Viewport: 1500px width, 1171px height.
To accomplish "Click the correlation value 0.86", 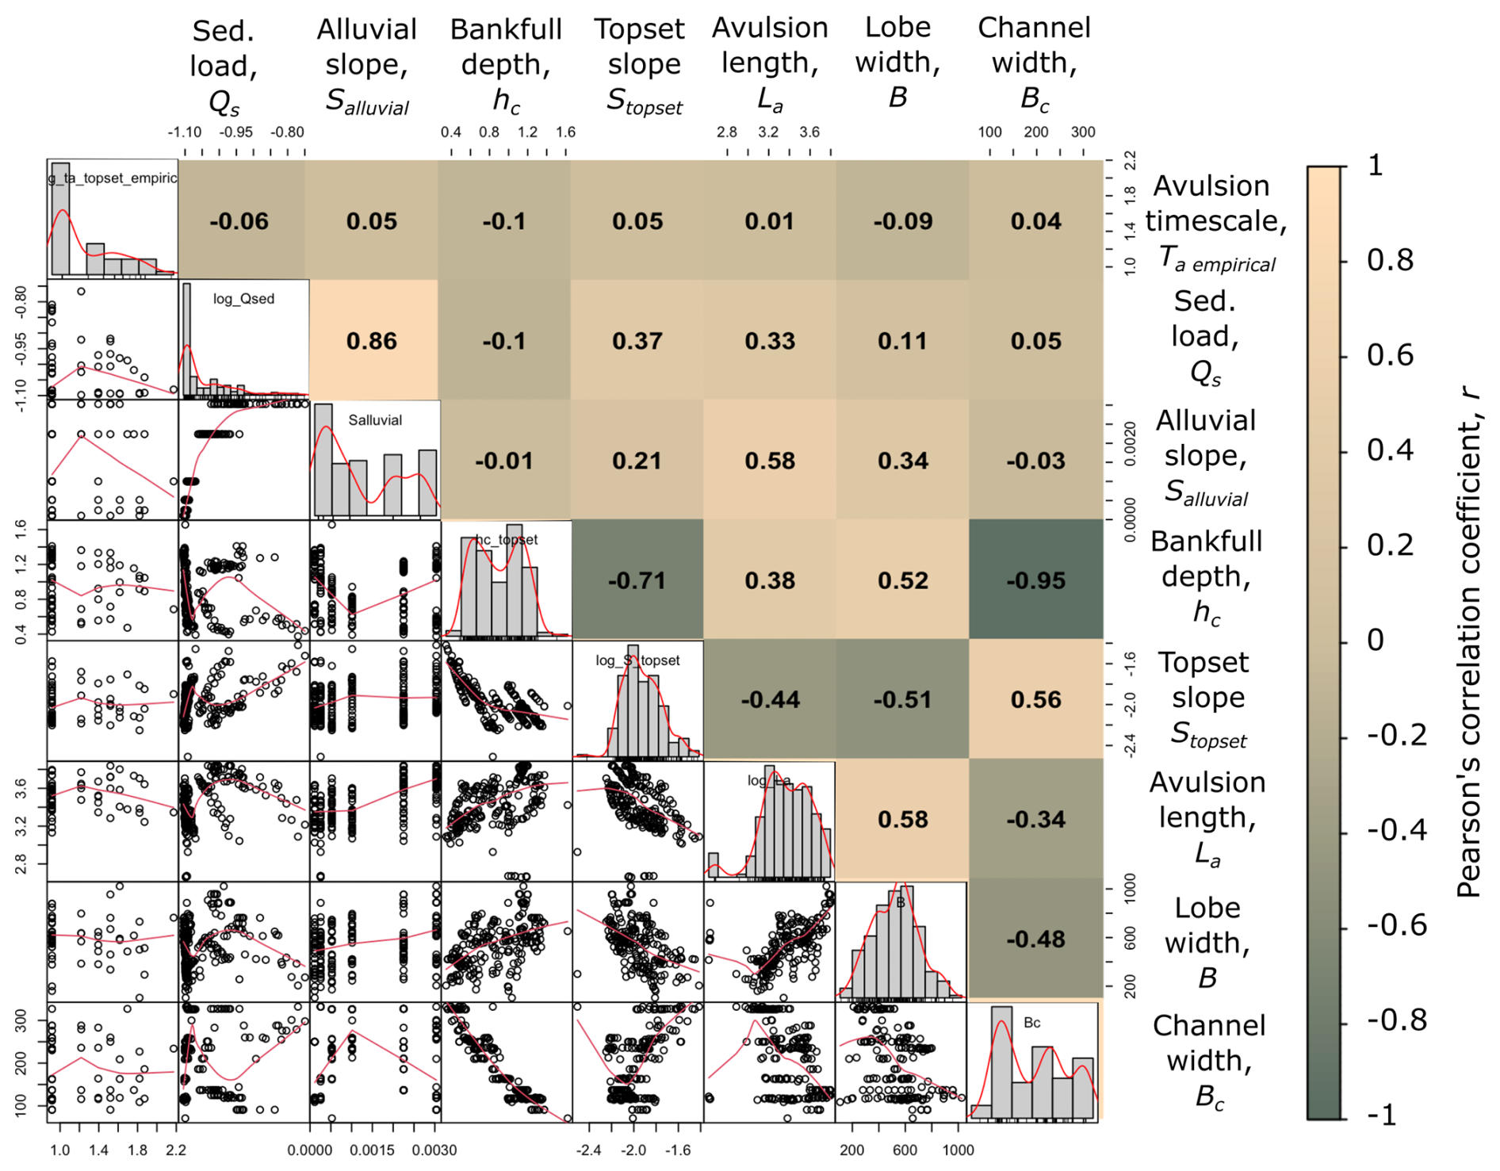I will pos(371,341).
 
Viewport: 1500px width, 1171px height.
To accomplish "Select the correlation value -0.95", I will pos(1035,580).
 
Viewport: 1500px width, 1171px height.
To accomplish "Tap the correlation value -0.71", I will pos(637,580).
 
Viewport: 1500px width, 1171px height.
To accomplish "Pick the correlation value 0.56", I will pos(1035,699).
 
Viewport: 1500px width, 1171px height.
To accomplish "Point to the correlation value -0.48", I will pos(1035,939).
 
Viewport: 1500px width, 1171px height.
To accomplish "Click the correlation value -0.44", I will pos(770,699).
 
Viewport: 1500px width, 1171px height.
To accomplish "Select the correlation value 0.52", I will pos(902,580).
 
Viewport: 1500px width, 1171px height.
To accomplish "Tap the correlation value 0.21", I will pos(637,461).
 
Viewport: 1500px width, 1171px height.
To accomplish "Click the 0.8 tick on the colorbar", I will pos(1390,260).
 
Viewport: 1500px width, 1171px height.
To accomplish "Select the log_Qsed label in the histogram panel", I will pos(243,299).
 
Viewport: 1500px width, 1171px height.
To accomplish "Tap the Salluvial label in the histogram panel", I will pos(375,420).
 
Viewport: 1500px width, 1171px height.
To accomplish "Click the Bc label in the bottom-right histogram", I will pos(1031,1023).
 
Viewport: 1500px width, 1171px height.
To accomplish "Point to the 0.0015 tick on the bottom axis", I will pos(371,1150).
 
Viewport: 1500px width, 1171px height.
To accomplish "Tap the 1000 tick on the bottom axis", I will pos(958,1150).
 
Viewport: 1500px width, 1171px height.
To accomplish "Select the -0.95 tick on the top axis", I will pos(236,132).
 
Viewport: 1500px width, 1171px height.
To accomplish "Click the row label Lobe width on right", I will pos(1207,942).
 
